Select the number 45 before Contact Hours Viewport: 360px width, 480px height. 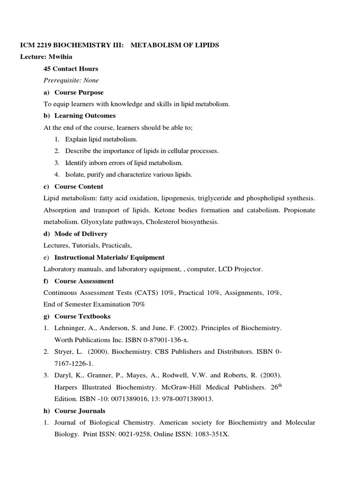48,68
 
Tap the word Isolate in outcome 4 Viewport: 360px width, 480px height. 75,174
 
